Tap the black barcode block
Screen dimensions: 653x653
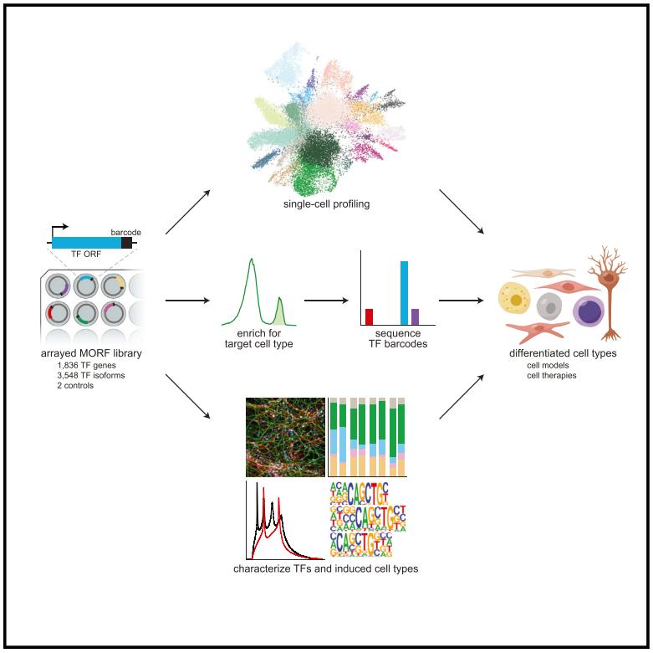point(126,243)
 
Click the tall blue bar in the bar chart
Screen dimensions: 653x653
point(405,292)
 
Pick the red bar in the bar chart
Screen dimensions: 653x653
point(369,316)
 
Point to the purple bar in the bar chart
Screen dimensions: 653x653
point(415,316)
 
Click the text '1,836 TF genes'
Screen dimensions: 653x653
point(80,367)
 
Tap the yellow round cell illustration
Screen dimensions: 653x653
point(517,300)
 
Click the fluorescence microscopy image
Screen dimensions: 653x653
point(285,437)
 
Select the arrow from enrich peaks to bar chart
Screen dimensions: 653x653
point(325,299)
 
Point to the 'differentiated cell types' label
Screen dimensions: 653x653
point(563,354)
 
